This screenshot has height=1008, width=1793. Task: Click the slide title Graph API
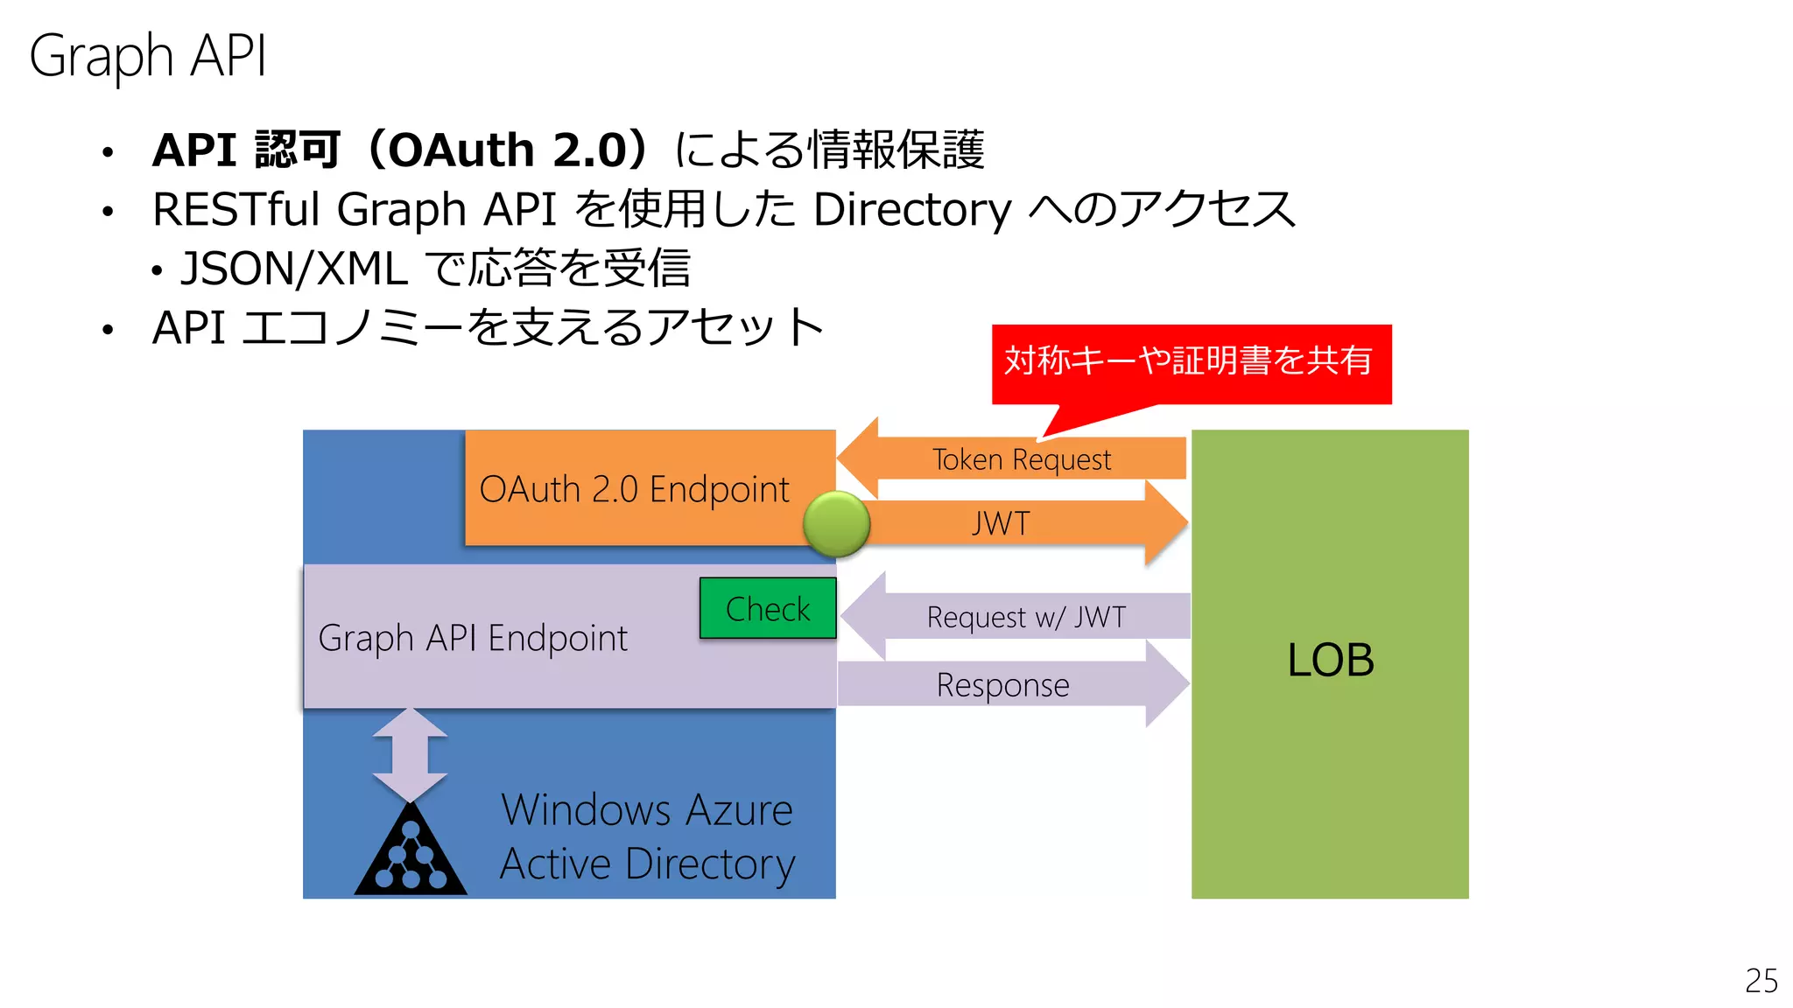147,56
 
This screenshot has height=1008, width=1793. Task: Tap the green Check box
768,608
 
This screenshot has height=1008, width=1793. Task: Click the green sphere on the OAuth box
836,524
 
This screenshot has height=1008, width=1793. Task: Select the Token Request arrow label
1021,459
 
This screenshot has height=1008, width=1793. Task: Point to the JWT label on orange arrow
1001,523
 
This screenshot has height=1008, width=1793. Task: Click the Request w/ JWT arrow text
1026,617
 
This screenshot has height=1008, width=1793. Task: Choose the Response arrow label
1002,685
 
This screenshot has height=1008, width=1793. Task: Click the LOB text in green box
1330,660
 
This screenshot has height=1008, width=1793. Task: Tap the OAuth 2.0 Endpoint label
634,489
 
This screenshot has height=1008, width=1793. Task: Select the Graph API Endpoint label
473,638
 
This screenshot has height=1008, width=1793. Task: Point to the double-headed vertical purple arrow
410,754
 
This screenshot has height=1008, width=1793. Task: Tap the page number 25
1761,981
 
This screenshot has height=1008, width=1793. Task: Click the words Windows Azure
647,809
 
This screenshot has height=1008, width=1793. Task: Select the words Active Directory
647,864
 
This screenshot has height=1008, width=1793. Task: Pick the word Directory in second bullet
912,210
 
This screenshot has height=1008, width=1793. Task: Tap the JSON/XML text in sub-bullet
294,269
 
